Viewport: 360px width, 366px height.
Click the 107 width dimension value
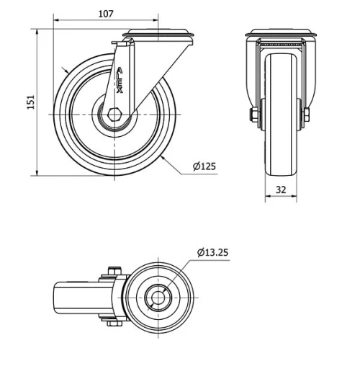[105, 13]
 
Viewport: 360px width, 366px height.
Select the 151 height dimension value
[30, 102]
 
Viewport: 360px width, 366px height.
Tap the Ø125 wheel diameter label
[204, 166]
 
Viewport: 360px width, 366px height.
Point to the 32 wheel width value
[282, 190]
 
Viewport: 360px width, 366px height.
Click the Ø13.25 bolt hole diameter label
[215, 252]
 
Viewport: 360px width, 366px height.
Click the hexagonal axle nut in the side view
[116, 115]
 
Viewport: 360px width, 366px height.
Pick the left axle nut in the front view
[253, 115]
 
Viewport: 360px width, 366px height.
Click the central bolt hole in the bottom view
[157, 297]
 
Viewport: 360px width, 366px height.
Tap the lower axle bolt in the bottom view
[112, 323]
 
